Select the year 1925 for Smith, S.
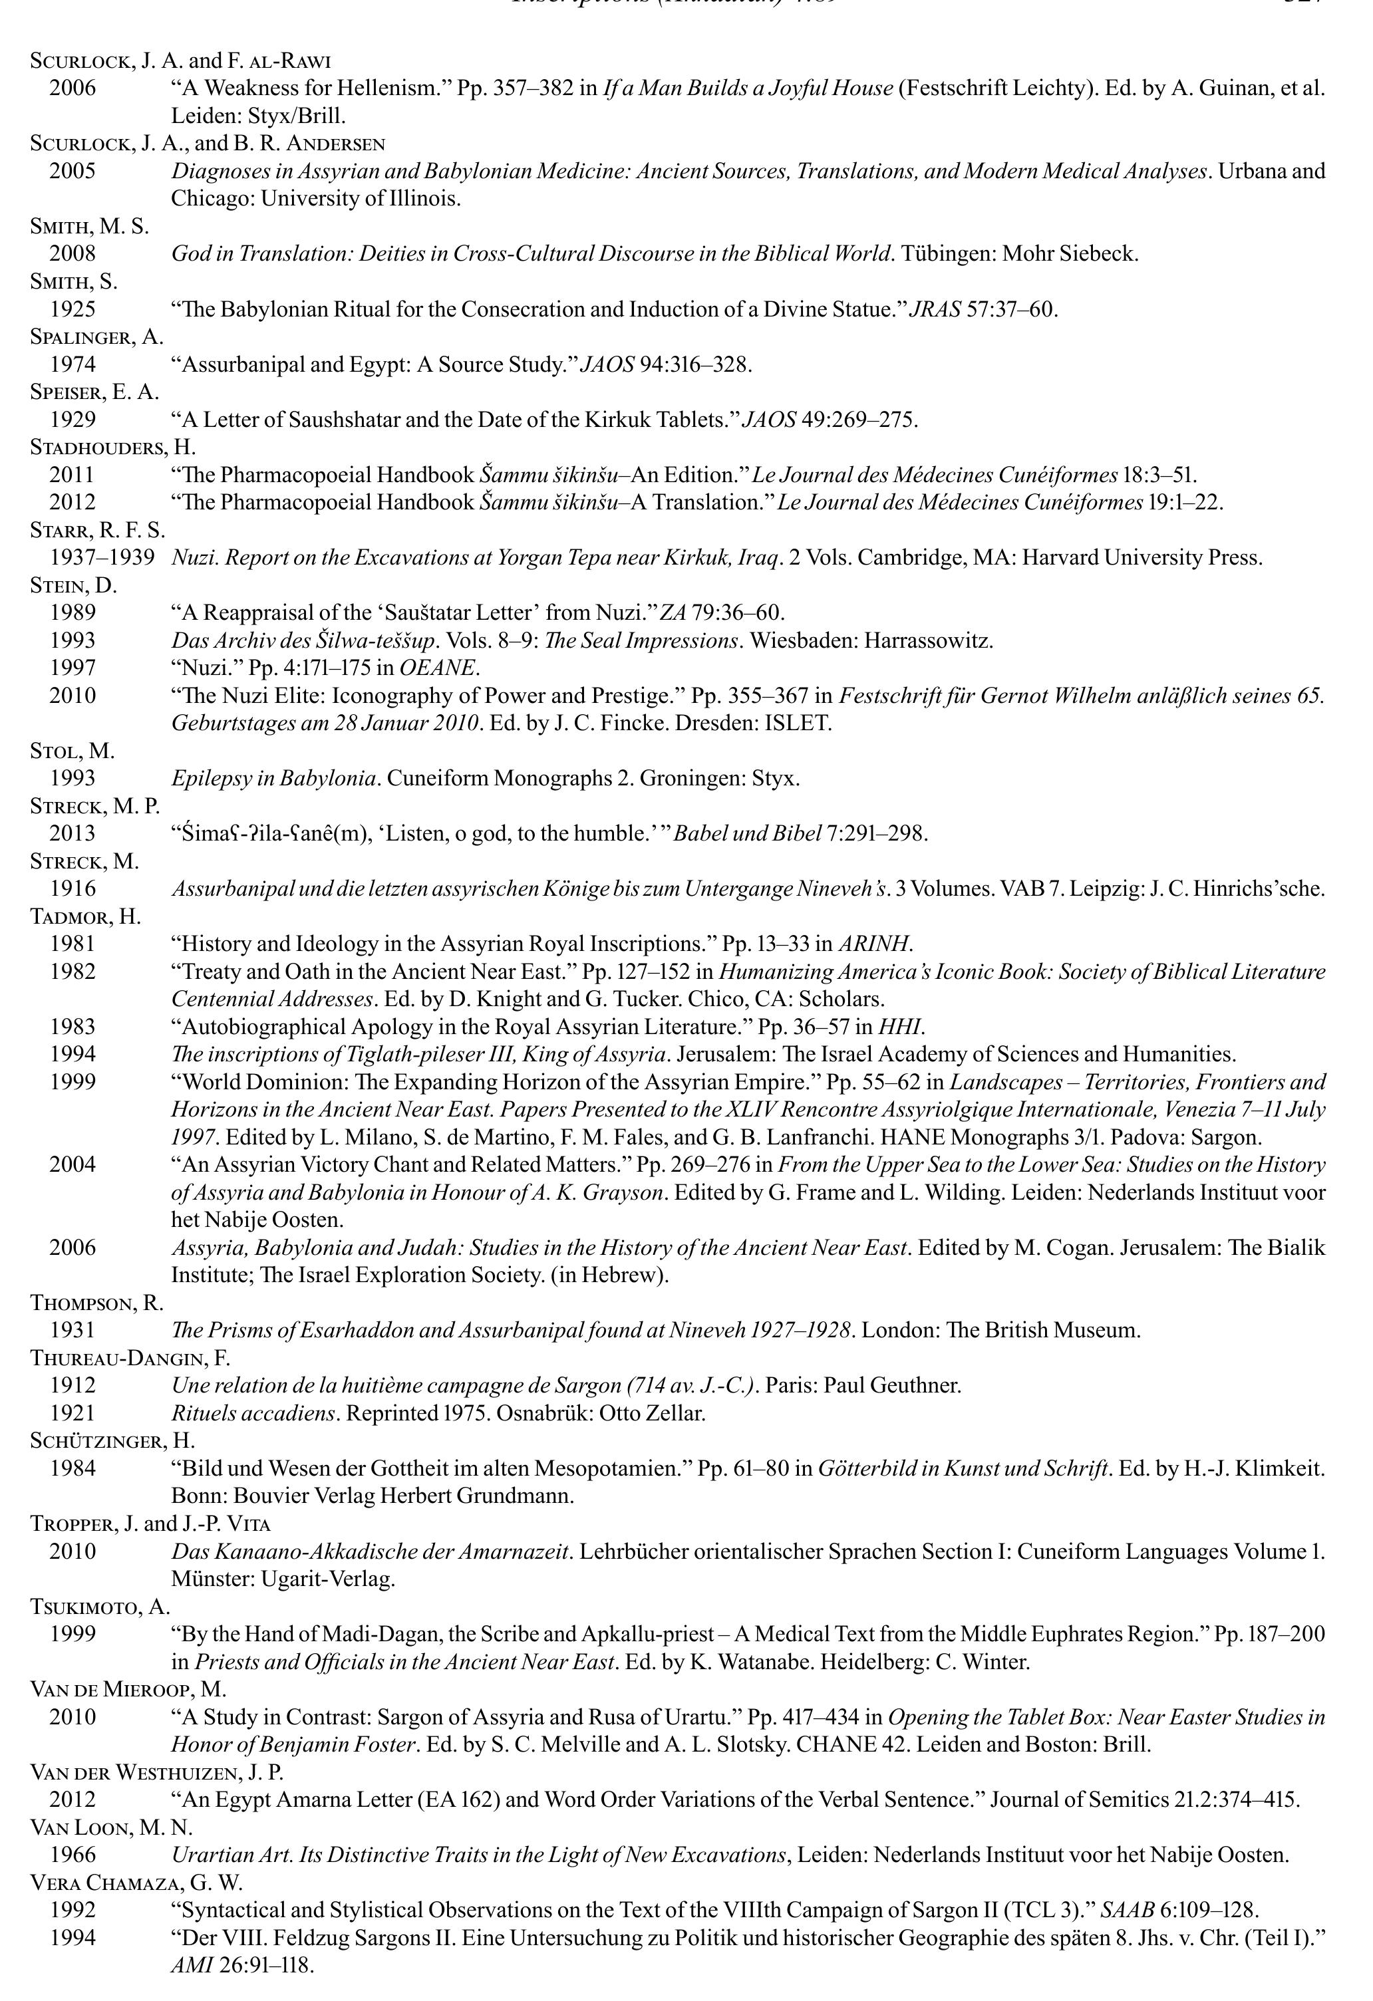point(73,309)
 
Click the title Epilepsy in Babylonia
point(275,778)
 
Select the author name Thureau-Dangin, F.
point(130,1358)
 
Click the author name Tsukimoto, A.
point(100,1606)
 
